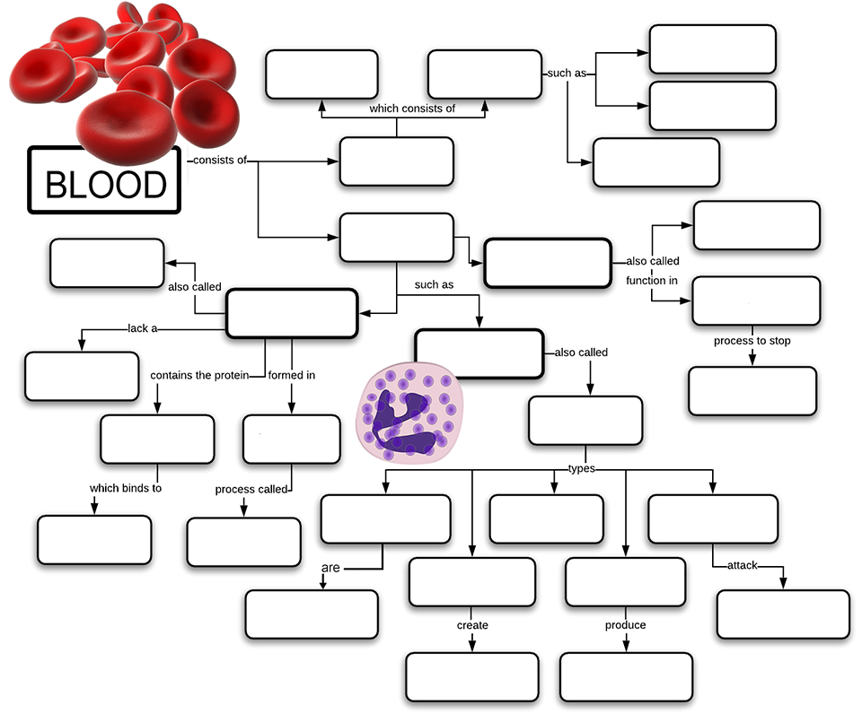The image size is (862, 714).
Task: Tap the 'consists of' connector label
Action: (221, 161)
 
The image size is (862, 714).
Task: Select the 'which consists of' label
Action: (412, 109)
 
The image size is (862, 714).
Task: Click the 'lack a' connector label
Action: (142, 328)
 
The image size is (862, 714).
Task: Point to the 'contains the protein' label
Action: (207, 375)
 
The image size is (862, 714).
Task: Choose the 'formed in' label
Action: (291, 375)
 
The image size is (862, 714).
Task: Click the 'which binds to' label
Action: (125, 489)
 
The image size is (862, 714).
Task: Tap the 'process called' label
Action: (251, 490)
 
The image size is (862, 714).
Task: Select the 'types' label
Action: (582, 468)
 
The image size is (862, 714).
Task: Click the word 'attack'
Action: (743, 566)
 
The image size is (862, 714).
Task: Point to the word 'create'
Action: (472, 625)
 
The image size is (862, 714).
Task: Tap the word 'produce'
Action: (625, 625)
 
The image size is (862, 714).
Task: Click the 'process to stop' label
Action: (752, 341)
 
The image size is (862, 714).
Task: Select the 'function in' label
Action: (652, 281)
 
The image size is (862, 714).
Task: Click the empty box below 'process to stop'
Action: (752, 391)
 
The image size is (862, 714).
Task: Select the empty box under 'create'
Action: (472, 676)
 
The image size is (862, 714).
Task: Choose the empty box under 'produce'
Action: (626, 676)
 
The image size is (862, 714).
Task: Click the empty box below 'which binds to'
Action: (94, 540)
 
